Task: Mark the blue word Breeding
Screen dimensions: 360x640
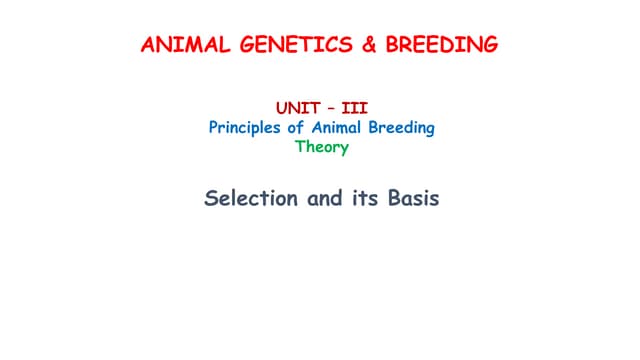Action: pyautogui.click(x=403, y=127)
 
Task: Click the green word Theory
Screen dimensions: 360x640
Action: pyautogui.click(x=321, y=147)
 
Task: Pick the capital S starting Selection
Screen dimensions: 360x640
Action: pyautogui.click(x=211, y=198)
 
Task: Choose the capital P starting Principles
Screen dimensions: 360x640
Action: pyautogui.click(x=213, y=127)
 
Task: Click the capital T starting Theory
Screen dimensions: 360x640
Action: pyautogui.click(x=299, y=147)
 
